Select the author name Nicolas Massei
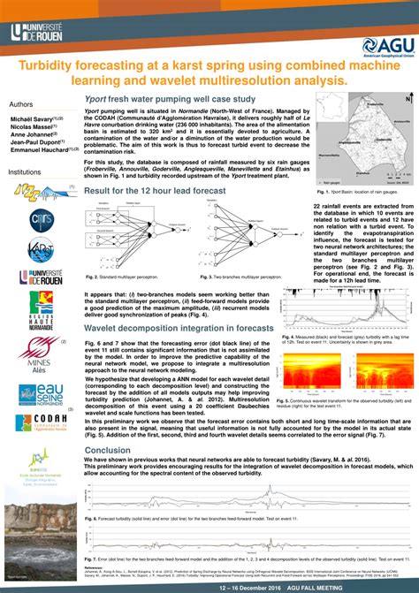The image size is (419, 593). pyautogui.click(x=32, y=127)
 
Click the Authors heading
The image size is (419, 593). pyautogui.click(x=21, y=103)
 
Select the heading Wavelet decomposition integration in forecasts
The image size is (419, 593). pyautogui.click(x=179, y=327)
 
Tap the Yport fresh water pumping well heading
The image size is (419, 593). pyautogui.click(x=170, y=99)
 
